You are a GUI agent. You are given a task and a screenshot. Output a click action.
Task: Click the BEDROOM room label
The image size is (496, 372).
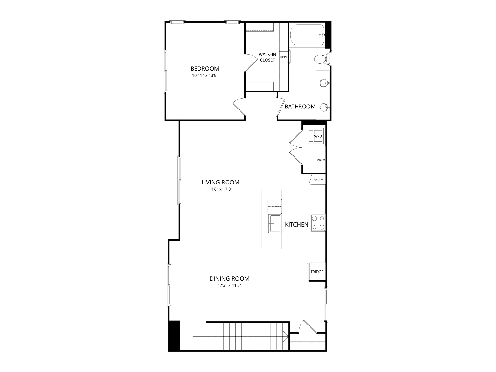pyautogui.click(x=205, y=69)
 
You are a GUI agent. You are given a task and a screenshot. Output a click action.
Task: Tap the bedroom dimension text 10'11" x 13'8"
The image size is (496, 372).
pyautogui.click(x=205, y=76)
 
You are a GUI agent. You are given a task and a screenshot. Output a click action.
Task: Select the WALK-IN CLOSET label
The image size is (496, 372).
pyautogui.click(x=267, y=57)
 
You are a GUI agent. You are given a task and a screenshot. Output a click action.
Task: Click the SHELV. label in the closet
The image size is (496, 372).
pyautogui.click(x=283, y=57)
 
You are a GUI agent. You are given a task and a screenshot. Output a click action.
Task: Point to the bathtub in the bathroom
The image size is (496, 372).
pyautogui.click(x=307, y=35)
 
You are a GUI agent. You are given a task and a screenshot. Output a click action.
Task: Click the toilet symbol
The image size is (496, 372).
pyautogui.click(x=322, y=59)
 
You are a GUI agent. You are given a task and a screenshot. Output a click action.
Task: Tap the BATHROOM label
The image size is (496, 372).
pyautogui.click(x=300, y=107)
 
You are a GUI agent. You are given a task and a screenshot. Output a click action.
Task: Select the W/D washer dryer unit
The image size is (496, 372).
pyautogui.click(x=316, y=136)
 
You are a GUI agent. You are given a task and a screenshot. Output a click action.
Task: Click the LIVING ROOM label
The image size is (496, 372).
pyautogui.click(x=220, y=182)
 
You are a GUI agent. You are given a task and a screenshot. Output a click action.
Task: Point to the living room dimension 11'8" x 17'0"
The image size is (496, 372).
pyautogui.click(x=221, y=189)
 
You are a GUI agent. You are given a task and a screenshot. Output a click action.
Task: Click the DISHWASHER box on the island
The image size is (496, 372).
pyautogui.click(x=274, y=206)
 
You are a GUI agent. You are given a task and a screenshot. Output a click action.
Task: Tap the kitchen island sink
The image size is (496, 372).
pyautogui.click(x=275, y=223)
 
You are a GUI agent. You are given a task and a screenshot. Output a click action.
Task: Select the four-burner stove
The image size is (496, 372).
pyautogui.click(x=318, y=222)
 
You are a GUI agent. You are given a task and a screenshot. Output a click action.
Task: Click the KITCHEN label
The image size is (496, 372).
pyautogui.click(x=297, y=225)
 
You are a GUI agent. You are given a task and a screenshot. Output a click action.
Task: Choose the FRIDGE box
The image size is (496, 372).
pyautogui.click(x=317, y=272)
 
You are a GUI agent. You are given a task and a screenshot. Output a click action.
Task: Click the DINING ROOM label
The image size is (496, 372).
pyautogui.click(x=229, y=279)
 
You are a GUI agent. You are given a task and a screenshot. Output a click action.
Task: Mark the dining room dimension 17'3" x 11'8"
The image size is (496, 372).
pyautogui.click(x=229, y=286)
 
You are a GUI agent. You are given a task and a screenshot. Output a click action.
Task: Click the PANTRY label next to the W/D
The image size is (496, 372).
pyautogui.click(x=321, y=160)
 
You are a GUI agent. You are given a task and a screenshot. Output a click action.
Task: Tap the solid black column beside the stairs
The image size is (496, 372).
pyautogui.click(x=174, y=336)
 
